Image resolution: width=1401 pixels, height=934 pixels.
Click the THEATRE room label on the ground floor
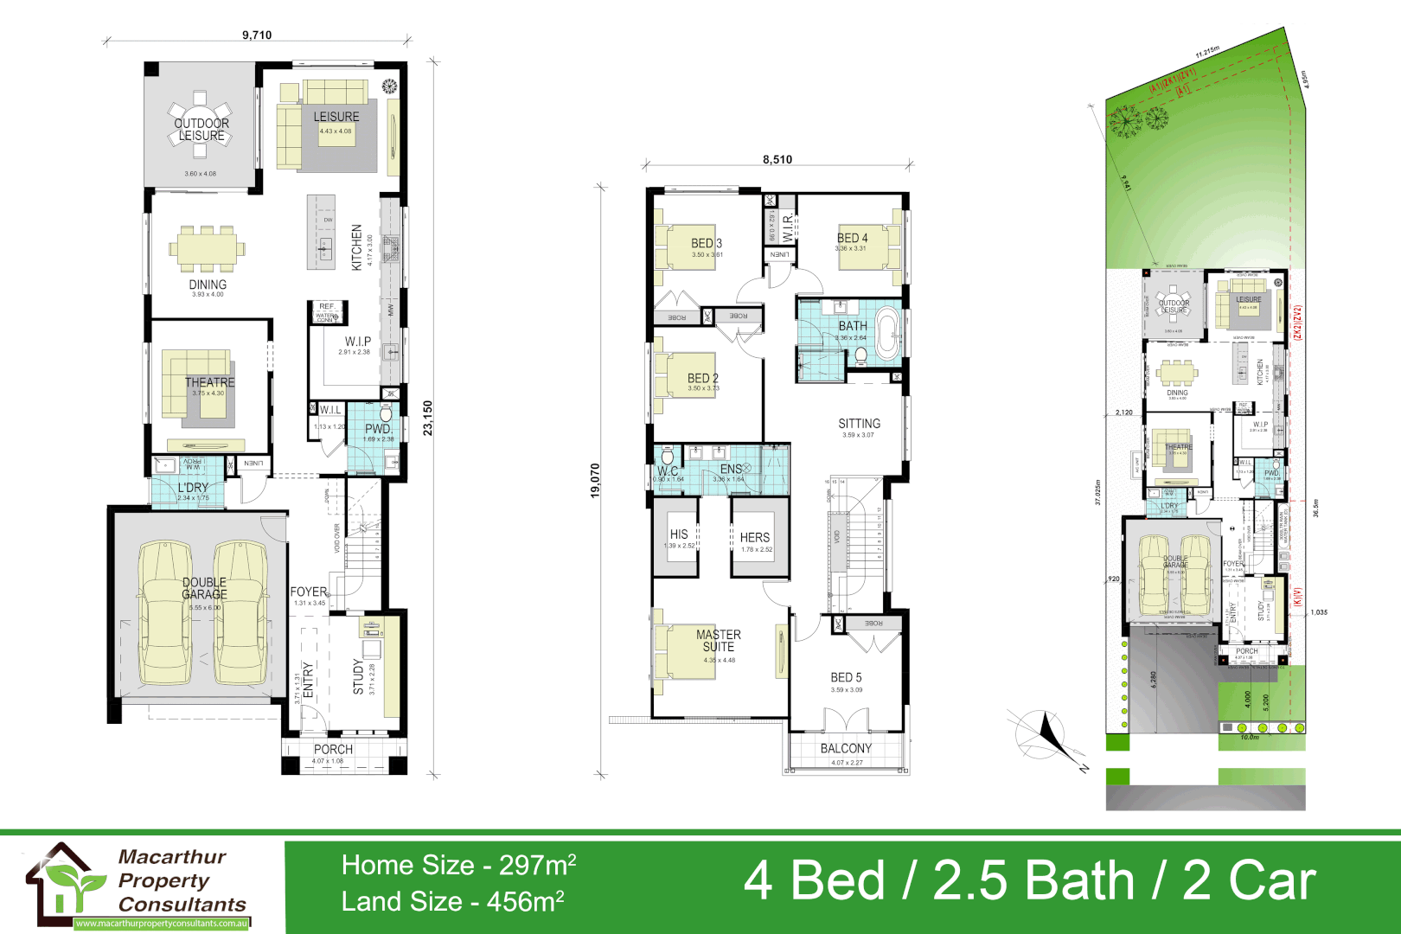[209, 381]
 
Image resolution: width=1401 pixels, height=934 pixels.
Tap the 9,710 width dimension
[257, 35]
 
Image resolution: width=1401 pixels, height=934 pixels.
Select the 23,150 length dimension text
[427, 418]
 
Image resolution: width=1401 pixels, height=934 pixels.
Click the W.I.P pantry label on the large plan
[358, 342]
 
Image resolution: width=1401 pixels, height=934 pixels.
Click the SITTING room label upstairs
[859, 424]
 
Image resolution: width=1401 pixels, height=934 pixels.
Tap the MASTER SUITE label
[719, 640]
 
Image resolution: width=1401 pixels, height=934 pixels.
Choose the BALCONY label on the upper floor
[846, 748]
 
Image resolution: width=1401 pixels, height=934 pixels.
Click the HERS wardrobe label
[755, 537]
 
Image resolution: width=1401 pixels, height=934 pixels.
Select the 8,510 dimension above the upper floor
[777, 159]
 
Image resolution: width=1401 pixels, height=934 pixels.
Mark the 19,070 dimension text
[595, 481]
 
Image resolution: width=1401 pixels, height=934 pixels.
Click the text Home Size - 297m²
[459, 865]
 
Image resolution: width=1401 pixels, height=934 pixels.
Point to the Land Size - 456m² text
[453, 901]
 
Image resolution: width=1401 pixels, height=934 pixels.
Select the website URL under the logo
[162, 924]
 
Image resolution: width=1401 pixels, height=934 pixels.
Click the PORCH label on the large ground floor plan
[333, 749]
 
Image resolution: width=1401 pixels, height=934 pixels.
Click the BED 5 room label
[846, 677]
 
